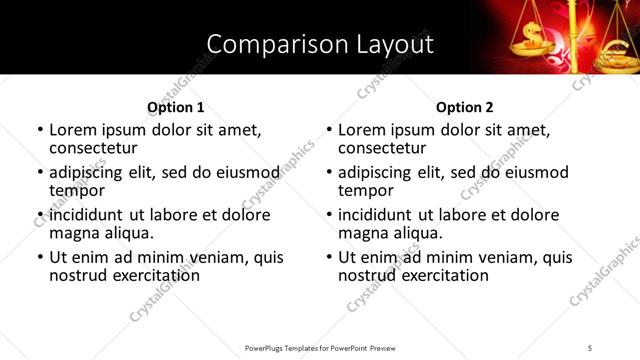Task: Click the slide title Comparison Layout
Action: pyautogui.click(x=319, y=44)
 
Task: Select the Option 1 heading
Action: pyautogui.click(x=176, y=107)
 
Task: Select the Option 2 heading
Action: pyautogui.click(x=465, y=107)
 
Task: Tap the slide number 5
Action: pyautogui.click(x=590, y=347)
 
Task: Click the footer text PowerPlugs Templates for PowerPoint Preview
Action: pyautogui.click(x=319, y=347)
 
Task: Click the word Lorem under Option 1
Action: pyautogui.click(x=73, y=130)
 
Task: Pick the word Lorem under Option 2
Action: pyautogui.click(x=362, y=130)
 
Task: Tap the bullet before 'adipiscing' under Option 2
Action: pyautogui.click(x=329, y=173)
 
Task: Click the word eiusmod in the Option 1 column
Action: pyautogui.click(x=247, y=172)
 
